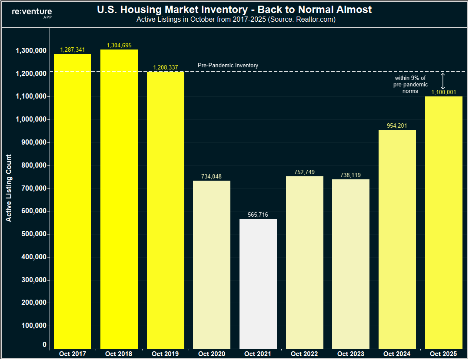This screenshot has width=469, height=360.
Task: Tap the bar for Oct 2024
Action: pos(397,239)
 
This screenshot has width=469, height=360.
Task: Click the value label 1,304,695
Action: pos(119,45)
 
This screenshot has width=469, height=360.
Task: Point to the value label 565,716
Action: pos(258,215)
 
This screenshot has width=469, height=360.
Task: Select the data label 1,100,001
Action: pos(444,92)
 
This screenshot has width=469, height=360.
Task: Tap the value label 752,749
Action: pos(304,172)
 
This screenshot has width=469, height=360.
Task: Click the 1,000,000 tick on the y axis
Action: pos(31,120)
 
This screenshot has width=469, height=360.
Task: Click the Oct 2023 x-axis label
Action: pos(351,354)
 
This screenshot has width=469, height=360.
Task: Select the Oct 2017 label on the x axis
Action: pos(73,354)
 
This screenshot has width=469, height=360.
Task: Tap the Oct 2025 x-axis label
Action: pos(444,354)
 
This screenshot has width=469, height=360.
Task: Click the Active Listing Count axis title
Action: pos(9,188)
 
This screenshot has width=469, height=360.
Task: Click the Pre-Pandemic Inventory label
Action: pos(228,65)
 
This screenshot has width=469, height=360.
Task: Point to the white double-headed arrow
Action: pos(443,81)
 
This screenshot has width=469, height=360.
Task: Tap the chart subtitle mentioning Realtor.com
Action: pos(236,20)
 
